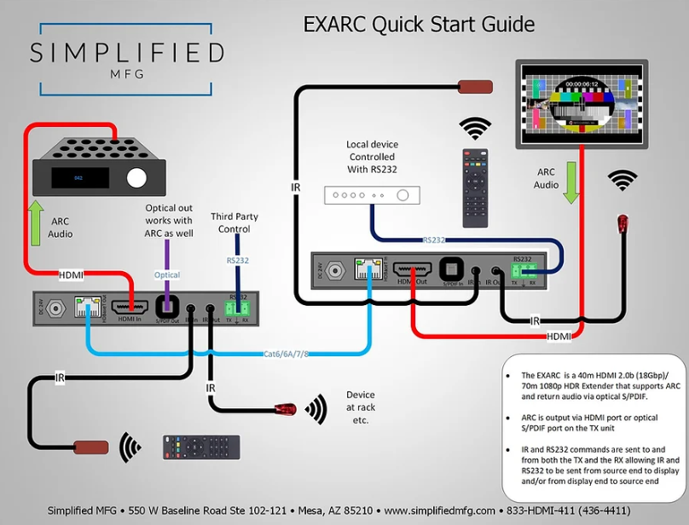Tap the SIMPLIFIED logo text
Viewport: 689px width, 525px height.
(x=127, y=53)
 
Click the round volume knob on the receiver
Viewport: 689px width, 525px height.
(x=135, y=177)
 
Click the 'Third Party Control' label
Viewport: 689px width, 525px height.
(x=234, y=223)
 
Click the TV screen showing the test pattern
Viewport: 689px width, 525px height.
(x=579, y=106)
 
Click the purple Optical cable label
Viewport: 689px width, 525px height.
(x=166, y=275)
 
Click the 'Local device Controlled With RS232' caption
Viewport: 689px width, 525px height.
(x=372, y=157)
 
